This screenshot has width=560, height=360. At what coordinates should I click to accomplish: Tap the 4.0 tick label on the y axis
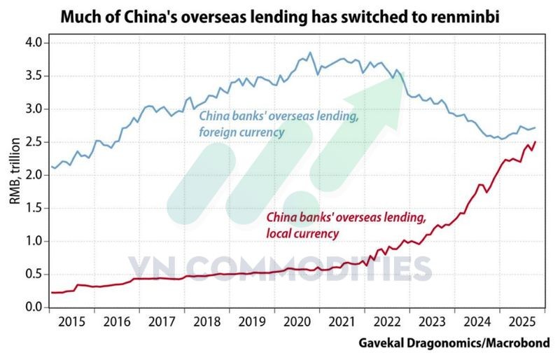click(34, 43)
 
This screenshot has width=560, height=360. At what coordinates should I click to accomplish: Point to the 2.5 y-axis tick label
click(34, 142)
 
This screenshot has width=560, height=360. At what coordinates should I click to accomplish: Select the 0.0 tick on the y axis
click(34, 307)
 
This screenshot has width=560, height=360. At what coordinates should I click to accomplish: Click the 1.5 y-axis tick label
click(34, 209)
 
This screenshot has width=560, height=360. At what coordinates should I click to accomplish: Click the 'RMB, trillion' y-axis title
click(14, 175)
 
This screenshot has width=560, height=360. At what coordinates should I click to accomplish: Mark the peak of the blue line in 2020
click(310, 53)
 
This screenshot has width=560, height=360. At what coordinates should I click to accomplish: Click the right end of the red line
click(535, 142)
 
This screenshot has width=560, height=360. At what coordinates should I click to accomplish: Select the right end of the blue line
click(535, 127)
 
